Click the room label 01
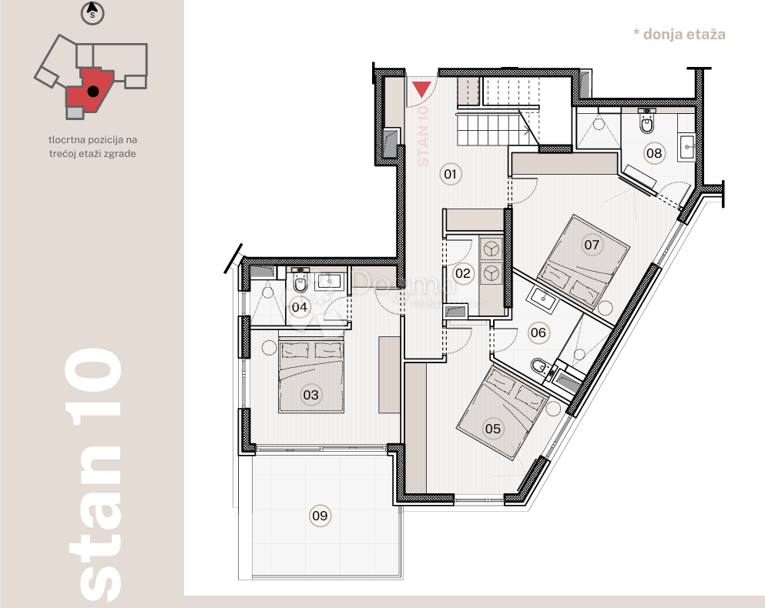pyautogui.click(x=451, y=175)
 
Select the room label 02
pyautogui.click(x=463, y=272)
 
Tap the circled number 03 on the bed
pyautogui.click(x=310, y=396)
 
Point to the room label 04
pyautogui.click(x=300, y=308)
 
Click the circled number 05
pyautogui.click(x=493, y=429)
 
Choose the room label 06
pyautogui.click(x=538, y=332)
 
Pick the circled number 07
pyautogui.click(x=591, y=246)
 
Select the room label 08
pyautogui.click(x=654, y=153)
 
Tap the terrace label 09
pyautogui.click(x=320, y=516)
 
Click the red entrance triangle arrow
pyautogui.click(x=421, y=89)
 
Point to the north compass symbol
pyautogui.click(x=92, y=12)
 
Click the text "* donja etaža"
pyautogui.click(x=679, y=34)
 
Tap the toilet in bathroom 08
pyautogui.click(x=647, y=122)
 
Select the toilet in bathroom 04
pyautogui.click(x=300, y=285)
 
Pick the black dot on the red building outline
pyautogui.click(x=92, y=91)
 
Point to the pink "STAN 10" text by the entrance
pyautogui.click(x=422, y=135)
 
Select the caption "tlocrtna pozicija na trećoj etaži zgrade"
pyautogui.click(x=92, y=146)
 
